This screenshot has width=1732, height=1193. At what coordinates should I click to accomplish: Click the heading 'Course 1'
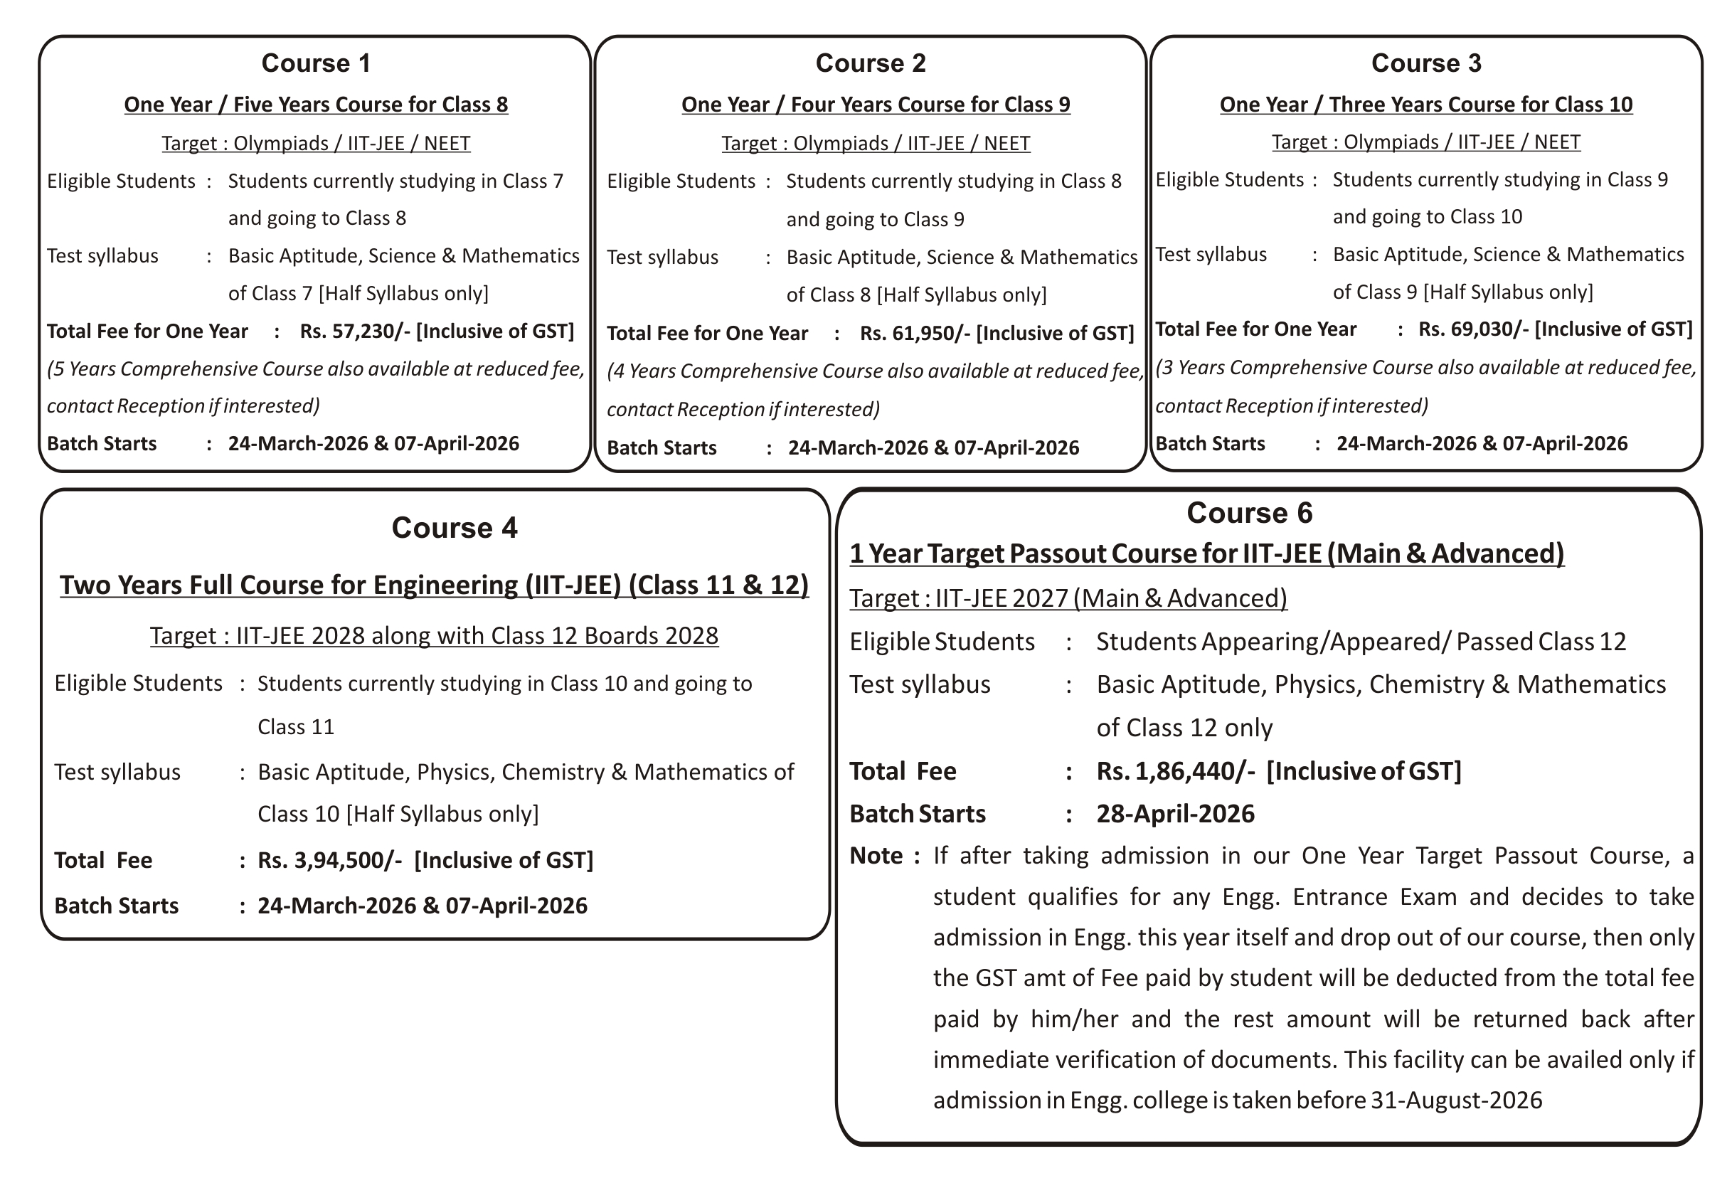[316, 63]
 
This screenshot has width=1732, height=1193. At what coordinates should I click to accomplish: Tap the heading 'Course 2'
[871, 63]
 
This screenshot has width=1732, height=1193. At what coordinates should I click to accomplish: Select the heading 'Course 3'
[1425, 63]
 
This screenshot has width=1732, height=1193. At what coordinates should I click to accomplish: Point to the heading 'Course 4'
[455, 529]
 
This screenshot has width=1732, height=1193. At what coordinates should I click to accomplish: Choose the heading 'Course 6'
[1249, 514]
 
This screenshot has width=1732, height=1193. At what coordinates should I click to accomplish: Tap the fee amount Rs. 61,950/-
[915, 334]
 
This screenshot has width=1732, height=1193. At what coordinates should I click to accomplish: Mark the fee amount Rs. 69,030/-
[1472, 329]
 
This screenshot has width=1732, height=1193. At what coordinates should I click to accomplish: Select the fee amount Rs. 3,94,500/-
[329, 860]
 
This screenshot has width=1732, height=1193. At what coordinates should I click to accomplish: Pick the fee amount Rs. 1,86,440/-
[1175, 771]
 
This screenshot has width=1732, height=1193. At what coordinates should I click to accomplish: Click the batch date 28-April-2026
[1175, 814]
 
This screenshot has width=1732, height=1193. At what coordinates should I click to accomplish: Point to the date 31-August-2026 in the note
[1456, 1101]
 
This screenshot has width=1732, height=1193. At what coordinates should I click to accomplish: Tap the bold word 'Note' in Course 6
[876, 856]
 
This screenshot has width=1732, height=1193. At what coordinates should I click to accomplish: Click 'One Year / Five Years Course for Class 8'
[316, 105]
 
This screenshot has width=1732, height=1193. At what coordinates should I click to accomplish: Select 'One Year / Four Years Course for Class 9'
[876, 105]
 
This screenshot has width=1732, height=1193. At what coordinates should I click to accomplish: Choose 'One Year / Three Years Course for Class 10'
[1425, 105]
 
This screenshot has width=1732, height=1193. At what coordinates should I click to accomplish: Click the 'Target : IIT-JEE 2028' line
[434, 636]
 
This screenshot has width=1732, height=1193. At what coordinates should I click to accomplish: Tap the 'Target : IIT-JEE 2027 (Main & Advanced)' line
[1068, 599]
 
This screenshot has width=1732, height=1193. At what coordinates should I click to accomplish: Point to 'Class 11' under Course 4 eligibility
[296, 727]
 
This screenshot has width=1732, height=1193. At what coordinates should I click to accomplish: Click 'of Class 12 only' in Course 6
[1184, 728]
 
